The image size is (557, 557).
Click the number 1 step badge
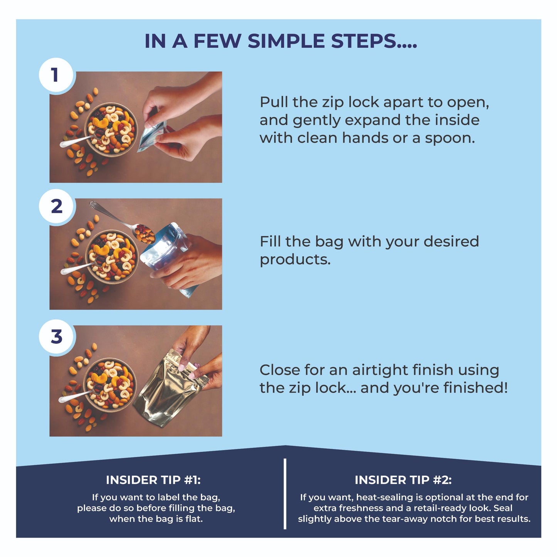[x=56, y=75]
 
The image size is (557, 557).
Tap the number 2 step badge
[x=56, y=206]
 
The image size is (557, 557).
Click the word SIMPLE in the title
[x=286, y=41]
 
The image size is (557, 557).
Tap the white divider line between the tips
[x=285, y=494]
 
